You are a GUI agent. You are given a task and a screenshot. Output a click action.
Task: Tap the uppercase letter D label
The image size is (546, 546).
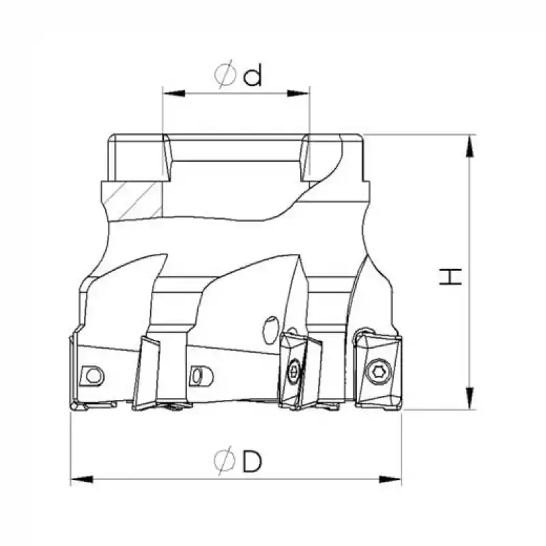252,462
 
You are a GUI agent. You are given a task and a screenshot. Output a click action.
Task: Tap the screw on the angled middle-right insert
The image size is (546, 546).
293,372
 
